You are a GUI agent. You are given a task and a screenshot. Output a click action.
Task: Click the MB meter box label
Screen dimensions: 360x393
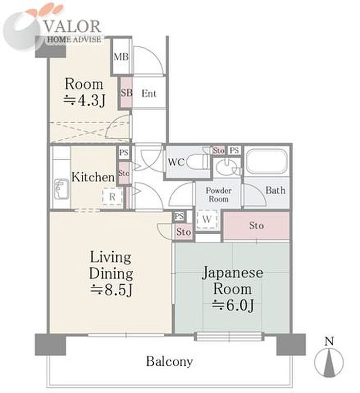coord(121,57)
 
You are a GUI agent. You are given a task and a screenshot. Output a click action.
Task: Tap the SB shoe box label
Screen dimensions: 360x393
coord(127,93)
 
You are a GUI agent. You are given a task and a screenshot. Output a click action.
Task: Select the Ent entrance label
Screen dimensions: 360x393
coord(149,93)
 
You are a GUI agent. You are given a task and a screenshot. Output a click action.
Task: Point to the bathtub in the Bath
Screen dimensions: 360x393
coord(267,161)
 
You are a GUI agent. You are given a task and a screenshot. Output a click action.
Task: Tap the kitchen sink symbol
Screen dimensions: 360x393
coord(62,189)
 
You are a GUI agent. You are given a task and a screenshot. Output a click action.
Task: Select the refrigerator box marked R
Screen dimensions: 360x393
coord(112,197)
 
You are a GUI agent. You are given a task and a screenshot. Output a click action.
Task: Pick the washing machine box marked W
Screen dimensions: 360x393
coord(207,219)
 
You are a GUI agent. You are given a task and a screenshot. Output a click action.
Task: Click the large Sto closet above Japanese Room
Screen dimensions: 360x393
coord(257,226)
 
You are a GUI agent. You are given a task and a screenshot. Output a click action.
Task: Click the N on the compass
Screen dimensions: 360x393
coord(329,341)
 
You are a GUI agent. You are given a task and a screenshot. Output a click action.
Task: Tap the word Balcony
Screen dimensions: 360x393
coord(170,362)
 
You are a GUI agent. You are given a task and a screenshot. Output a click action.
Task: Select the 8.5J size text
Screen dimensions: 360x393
coord(111,290)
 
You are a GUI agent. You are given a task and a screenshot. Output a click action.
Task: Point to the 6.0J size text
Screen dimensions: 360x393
coord(233,306)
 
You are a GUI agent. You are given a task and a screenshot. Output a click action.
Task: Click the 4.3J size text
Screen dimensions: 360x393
coord(84,101)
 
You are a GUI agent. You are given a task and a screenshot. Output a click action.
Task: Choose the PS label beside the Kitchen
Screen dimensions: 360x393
coord(123,153)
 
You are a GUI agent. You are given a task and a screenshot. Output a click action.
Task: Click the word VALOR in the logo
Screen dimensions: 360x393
coord(73,26)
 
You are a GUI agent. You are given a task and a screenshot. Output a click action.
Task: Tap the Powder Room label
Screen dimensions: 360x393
coord(219,195)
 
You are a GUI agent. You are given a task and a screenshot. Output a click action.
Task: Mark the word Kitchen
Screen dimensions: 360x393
coord(93,177)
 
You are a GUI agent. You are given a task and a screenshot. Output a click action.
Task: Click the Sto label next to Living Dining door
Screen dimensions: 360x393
coord(184,232)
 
